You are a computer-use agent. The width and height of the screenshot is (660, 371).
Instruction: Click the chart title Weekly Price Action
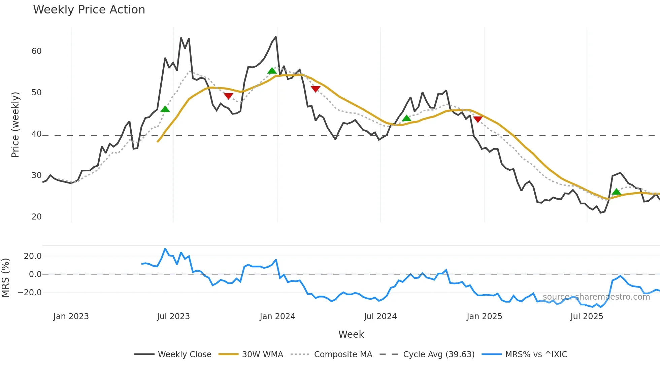(x=89, y=10)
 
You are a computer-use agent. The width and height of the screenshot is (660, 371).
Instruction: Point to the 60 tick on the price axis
(x=36, y=51)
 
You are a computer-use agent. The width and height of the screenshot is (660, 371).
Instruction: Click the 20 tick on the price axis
(x=36, y=217)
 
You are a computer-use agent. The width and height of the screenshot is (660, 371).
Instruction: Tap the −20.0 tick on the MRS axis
(x=30, y=293)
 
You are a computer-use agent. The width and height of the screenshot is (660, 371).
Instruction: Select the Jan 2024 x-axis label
(x=277, y=316)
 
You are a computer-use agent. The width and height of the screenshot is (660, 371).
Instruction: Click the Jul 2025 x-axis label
(x=587, y=316)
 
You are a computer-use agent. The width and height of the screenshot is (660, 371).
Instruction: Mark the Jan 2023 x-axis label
(x=71, y=316)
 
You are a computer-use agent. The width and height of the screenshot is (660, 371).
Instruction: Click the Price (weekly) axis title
(x=15, y=125)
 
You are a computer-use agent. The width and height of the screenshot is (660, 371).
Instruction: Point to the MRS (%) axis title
(x=5, y=278)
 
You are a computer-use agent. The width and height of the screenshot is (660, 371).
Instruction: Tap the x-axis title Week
(x=351, y=334)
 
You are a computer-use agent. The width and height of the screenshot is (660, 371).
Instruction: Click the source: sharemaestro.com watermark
(x=596, y=297)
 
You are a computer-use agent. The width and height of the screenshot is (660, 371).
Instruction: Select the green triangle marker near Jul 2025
(x=616, y=192)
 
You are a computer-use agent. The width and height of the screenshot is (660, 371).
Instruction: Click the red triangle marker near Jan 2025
(x=478, y=119)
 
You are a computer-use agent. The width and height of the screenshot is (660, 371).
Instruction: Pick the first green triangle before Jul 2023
(x=165, y=109)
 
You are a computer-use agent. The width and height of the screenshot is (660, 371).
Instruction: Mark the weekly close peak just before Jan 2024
(x=276, y=37)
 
